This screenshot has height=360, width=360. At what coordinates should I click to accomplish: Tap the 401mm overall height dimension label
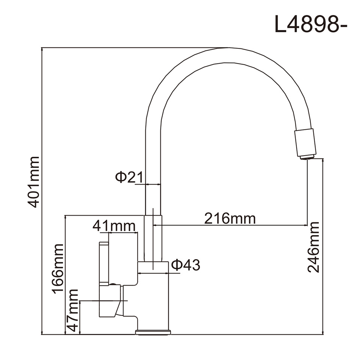[33, 182]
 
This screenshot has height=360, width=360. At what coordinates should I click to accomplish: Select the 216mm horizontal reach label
[230, 218]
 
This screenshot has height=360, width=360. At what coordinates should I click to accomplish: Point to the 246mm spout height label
[313, 247]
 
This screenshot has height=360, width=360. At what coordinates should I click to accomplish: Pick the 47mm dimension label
[73, 310]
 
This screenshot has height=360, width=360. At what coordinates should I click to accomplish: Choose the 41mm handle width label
[114, 226]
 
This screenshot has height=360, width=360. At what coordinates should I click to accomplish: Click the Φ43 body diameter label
[186, 265]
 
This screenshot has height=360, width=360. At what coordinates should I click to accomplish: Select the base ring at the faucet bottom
[153, 332]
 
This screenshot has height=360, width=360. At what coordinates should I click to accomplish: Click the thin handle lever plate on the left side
[104, 264]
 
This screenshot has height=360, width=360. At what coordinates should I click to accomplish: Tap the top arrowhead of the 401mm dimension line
[42, 50]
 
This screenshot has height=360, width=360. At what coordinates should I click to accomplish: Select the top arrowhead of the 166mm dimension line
[65, 217]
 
